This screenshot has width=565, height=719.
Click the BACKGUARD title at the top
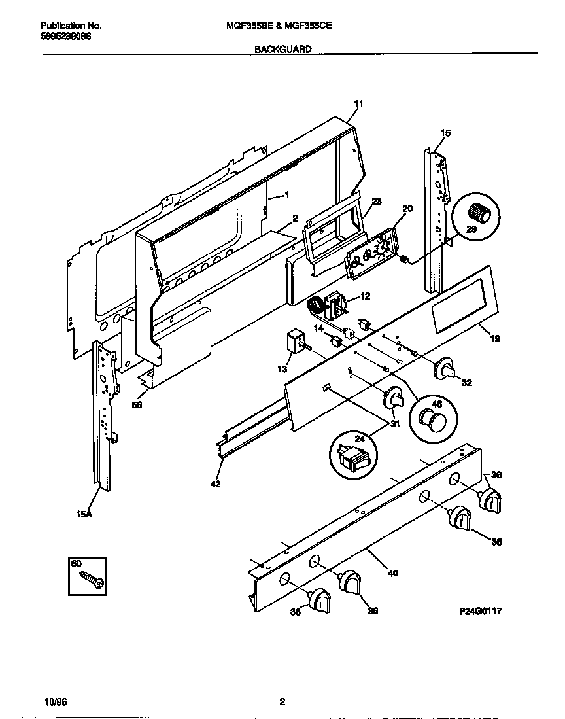(x=282, y=48)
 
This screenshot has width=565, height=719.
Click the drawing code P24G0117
(x=481, y=610)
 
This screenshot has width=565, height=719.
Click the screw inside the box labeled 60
(x=91, y=580)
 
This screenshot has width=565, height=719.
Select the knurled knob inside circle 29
(x=481, y=212)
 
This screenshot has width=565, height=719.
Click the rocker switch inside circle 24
(x=352, y=457)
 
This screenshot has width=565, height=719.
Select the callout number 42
(x=216, y=484)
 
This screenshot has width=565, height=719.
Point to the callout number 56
(x=137, y=404)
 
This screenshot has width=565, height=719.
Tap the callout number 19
(x=495, y=339)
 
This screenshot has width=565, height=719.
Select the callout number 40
(x=392, y=574)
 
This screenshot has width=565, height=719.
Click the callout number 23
(x=377, y=202)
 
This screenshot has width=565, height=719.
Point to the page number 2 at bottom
(x=282, y=703)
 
